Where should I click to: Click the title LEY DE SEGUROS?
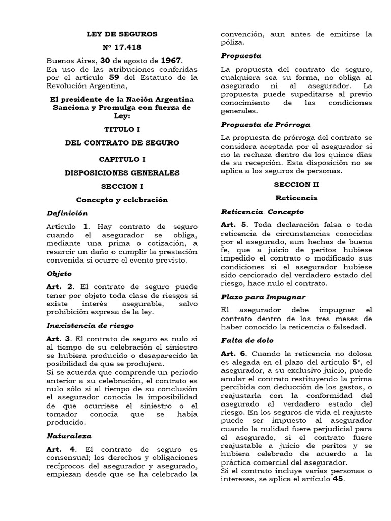click(122, 34)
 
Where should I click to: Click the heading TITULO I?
click(122, 129)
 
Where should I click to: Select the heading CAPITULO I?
click(122, 159)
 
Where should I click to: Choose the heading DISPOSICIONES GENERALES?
click(122, 172)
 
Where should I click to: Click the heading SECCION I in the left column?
click(122, 187)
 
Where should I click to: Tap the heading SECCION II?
click(296, 184)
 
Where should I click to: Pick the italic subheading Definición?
click(67, 213)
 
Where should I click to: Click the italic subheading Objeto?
click(60, 273)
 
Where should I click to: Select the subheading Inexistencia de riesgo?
click(90, 325)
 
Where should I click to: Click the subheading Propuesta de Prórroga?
click(266, 125)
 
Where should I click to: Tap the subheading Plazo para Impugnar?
click(264, 296)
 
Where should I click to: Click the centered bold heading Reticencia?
click(296, 198)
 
